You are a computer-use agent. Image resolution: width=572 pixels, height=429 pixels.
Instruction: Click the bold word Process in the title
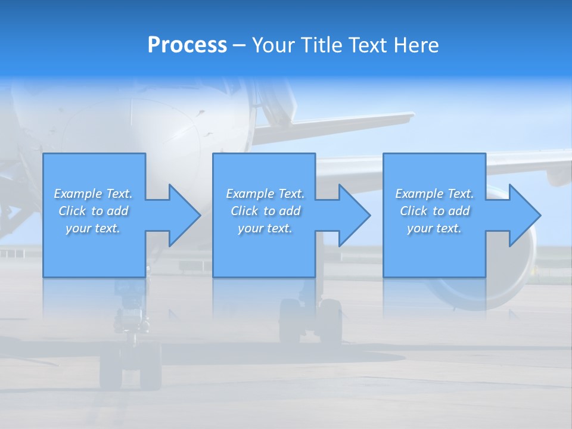pyautogui.click(x=187, y=45)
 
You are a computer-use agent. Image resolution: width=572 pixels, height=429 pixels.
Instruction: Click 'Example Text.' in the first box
pyautogui.click(x=93, y=194)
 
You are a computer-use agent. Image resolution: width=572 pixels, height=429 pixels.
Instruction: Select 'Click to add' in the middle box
pyautogui.click(x=265, y=211)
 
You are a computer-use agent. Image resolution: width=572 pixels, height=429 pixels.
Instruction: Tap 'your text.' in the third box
pyautogui.click(x=434, y=228)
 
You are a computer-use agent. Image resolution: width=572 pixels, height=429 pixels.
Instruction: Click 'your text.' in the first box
pyautogui.click(x=93, y=228)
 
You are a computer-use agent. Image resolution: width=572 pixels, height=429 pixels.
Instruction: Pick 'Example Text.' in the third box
pyautogui.click(x=434, y=194)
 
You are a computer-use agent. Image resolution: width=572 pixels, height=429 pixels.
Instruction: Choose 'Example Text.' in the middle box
pyautogui.click(x=265, y=194)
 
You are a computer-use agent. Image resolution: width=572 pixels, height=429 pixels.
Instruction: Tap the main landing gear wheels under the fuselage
pyautogui.click(x=310, y=319)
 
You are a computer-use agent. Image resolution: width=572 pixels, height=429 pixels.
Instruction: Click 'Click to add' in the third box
pyautogui.click(x=434, y=211)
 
